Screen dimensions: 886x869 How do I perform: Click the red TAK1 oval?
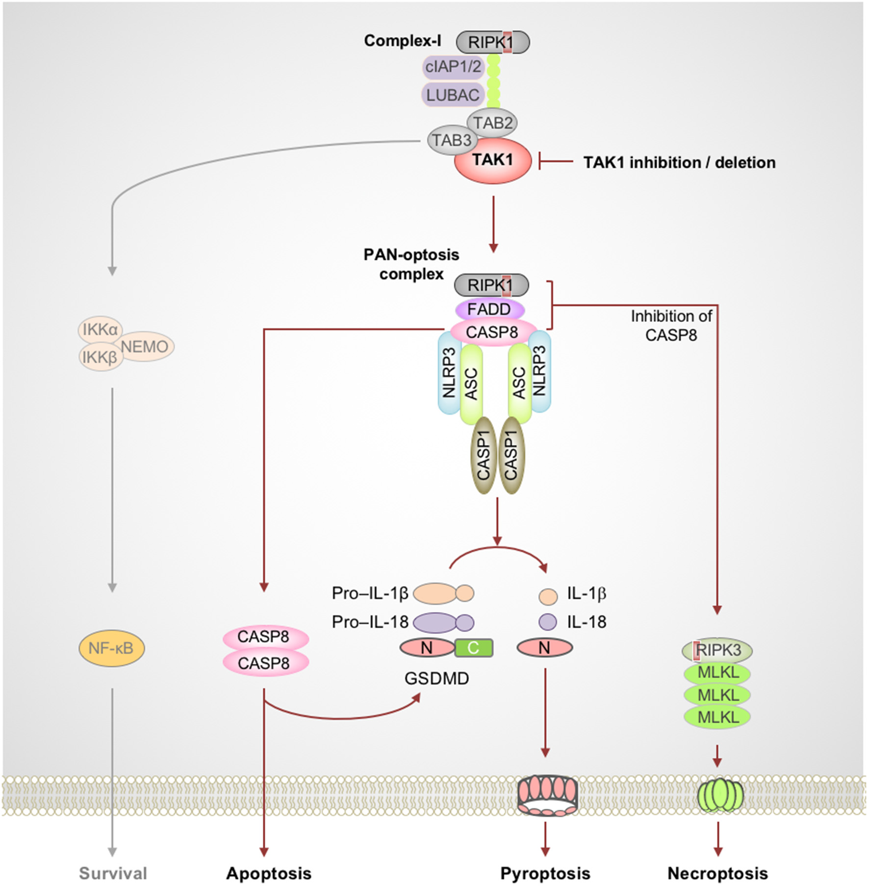point(492,161)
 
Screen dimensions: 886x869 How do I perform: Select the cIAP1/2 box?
point(453,67)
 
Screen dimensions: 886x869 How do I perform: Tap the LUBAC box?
point(452,95)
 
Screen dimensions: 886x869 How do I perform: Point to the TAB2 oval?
point(493,123)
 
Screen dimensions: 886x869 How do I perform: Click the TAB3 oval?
point(451,140)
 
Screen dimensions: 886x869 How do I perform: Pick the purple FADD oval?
point(489,309)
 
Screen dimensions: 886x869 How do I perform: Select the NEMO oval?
point(145,347)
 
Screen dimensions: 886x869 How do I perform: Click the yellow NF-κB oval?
point(111,648)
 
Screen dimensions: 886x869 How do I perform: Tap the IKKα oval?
point(100,329)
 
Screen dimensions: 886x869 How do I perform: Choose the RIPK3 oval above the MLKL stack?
point(717,650)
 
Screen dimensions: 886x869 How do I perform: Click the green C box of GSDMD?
point(473,648)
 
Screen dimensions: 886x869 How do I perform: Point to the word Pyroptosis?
point(545,873)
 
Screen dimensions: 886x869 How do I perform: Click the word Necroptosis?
point(717,873)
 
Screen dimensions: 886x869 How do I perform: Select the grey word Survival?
point(113,873)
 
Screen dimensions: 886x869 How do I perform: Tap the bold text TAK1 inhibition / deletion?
point(679,162)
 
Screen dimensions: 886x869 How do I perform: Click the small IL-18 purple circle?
point(548,622)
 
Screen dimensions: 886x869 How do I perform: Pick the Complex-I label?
point(402,41)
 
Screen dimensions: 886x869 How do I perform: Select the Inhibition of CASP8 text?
point(671,326)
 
